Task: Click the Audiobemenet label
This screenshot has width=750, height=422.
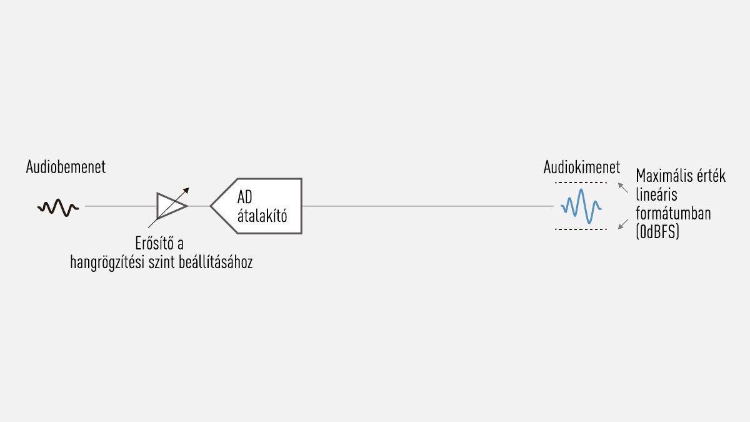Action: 66,168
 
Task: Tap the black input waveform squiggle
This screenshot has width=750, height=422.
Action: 57,207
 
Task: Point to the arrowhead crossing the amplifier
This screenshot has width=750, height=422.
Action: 186,191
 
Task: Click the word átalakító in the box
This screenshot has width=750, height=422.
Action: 262,216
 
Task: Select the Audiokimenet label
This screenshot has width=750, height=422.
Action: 581,168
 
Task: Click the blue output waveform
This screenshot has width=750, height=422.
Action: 581,206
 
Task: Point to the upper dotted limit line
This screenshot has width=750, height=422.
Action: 581,182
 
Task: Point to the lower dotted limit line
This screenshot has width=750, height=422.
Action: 581,229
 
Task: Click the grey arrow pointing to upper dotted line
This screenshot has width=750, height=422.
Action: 623,187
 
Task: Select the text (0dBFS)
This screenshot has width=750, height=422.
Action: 657,233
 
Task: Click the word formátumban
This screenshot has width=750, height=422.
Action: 672,214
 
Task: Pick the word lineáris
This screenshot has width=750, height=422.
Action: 656,195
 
